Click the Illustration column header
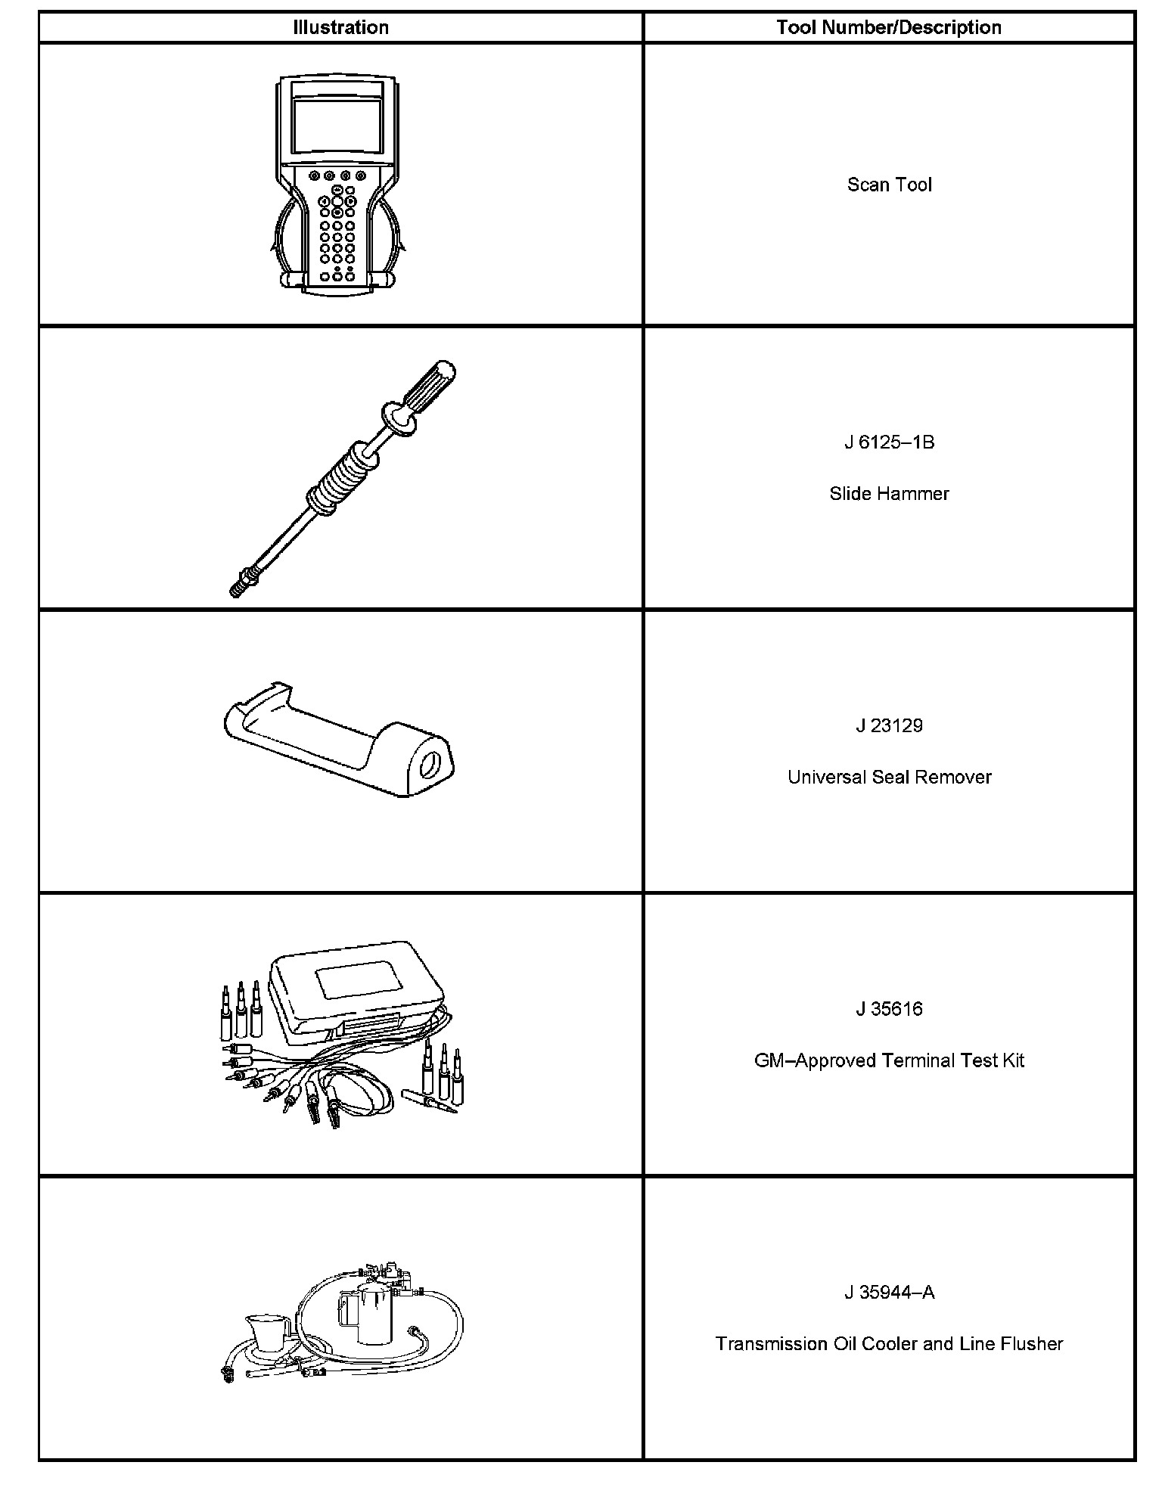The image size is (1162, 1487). pos(340,28)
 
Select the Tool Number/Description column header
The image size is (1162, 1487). pos(889,28)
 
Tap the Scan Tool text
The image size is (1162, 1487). pos(889,185)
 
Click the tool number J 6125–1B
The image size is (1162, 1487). pos(889,442)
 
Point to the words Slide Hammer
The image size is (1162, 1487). pos(889,494)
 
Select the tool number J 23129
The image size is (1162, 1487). pos(889,726)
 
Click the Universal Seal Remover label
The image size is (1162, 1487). pos(889,778)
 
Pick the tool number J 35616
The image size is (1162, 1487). pos(889,1010)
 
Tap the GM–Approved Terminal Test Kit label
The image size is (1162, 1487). pos(889,1061)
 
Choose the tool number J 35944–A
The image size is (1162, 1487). pos(889,1293)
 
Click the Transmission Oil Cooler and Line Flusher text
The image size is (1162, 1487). pos(889,1344)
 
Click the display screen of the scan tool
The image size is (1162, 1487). pos(337,126)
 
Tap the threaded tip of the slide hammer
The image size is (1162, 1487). pos(239,589)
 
